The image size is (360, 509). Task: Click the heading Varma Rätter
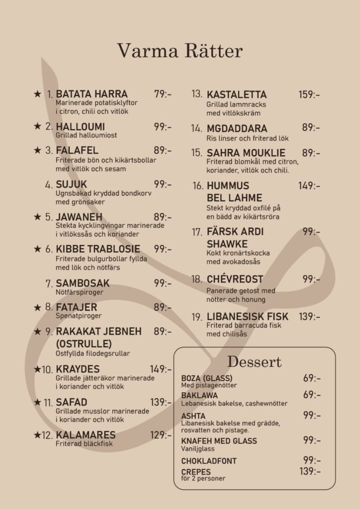coord(180,51)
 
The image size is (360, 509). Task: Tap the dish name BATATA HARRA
coord(91,94)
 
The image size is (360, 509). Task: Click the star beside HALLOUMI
coord(37,126)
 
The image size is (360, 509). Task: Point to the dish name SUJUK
coord(71,185)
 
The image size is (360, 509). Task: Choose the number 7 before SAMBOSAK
coord(49,283)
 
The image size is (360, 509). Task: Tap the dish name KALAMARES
coord(86,435)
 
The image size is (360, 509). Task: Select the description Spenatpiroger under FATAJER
coord(79,316)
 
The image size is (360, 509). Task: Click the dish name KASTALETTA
coord(237,94)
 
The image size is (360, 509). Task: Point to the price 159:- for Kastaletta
coord(309,94)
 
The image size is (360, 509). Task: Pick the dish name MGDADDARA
coord(237,129)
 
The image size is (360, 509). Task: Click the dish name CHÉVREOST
coord(235,279)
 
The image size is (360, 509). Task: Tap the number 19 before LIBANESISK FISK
coord(197,317)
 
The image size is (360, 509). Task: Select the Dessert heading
coord(254,361)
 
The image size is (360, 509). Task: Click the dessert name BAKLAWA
coord(199,395)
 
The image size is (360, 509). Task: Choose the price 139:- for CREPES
coord(310,471)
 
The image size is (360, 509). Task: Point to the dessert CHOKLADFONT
coord(209,461)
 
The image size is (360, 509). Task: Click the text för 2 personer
coord(203,479)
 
